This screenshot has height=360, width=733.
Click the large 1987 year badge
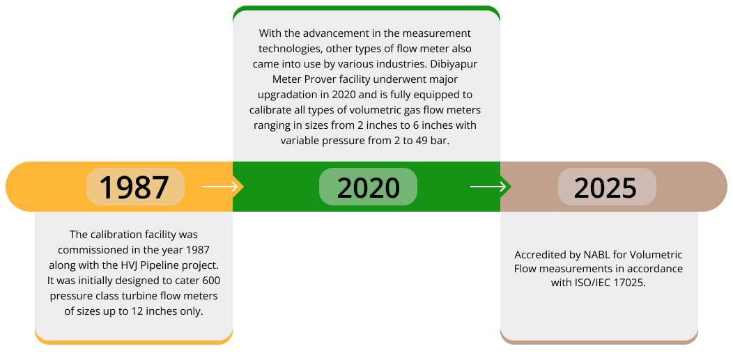tap(134, 187)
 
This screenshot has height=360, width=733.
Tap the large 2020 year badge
tap(368, 187)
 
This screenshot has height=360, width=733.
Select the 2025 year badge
tap(606, 187)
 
